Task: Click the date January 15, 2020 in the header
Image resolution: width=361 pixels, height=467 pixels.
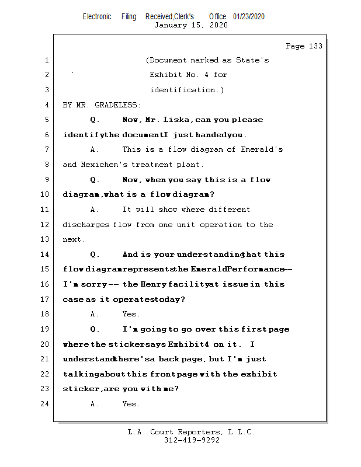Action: click(190, 25)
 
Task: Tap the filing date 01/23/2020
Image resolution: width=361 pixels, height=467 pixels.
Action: click(248, 16)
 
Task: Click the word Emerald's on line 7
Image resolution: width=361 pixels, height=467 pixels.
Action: click(262, 149)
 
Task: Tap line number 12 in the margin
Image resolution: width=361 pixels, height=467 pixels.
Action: click(46, 225)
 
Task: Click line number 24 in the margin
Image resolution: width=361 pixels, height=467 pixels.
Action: click(46, 404)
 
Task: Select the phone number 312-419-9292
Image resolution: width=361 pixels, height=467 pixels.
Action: click(192, 440)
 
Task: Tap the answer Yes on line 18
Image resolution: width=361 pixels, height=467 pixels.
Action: click(131, 314)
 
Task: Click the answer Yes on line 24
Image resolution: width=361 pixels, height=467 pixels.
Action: click(131, 404)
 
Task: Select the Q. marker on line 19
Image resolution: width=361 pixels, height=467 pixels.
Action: click(95, 329)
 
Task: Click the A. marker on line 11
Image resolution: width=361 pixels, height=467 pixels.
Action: click(95, 210)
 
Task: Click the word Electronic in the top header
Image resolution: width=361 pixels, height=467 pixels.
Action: click(97, 16)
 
